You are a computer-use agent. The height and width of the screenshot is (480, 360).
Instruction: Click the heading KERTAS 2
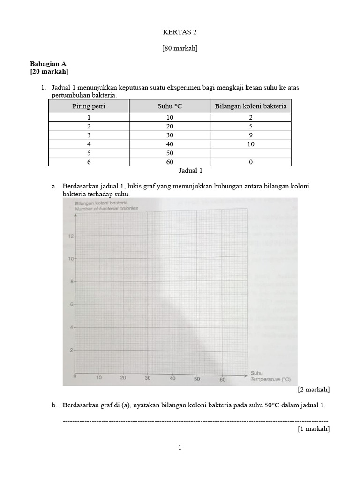tap(180, 32)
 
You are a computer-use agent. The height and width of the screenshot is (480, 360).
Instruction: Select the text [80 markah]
tap(180, 48)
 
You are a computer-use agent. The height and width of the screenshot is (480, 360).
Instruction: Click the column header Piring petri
tap(89, 106)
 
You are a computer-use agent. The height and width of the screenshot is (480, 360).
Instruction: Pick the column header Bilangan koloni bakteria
tap(250, 106)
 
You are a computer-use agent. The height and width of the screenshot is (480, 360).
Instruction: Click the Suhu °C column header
tap(170, 106)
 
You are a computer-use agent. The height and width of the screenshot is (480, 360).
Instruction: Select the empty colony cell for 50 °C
tap(250, 153)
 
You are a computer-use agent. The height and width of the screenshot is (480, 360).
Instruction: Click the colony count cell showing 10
tap(250, 144)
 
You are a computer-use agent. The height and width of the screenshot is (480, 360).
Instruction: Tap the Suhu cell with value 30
tap(170, 135)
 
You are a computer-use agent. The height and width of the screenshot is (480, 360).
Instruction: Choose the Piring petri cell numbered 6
tap(89, 162)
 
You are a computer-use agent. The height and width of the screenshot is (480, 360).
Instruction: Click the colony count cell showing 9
tap(250, 135)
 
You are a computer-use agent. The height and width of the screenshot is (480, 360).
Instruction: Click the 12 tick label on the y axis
tap(71, 236)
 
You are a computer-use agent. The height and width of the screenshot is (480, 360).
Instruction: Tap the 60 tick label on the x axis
tap(223, 380)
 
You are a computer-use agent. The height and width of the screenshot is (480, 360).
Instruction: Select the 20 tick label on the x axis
tap(123, 378)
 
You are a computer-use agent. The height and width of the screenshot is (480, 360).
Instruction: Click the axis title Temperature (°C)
tap(270, 380)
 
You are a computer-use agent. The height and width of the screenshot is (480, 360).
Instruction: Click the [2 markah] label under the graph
tap(313, 390)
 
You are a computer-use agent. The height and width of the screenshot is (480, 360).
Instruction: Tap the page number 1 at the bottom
tap(180, 448)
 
